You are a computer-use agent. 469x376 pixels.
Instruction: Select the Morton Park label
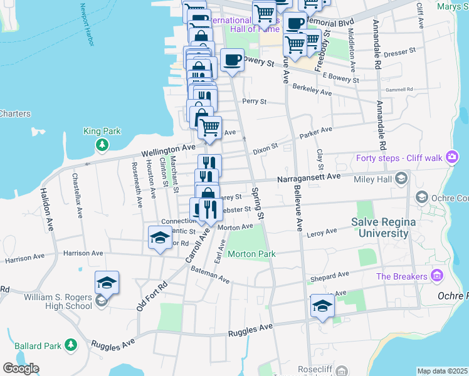coord(251,254)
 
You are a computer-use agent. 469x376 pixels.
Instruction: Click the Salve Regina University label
coord(380,227)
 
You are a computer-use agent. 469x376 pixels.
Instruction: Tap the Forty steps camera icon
coord(451,159)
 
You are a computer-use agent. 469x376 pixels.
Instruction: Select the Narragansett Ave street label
coord(309,177)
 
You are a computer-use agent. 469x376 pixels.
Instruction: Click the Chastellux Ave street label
coord(77,196)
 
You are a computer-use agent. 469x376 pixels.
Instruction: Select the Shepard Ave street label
coord(329,276)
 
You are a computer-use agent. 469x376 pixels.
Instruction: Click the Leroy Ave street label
coord(322,232)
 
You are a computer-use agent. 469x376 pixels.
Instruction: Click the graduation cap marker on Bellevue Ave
coord(322,306)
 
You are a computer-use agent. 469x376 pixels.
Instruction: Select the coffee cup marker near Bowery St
coord(232,60)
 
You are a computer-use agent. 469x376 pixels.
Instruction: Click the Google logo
coord(20,368)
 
